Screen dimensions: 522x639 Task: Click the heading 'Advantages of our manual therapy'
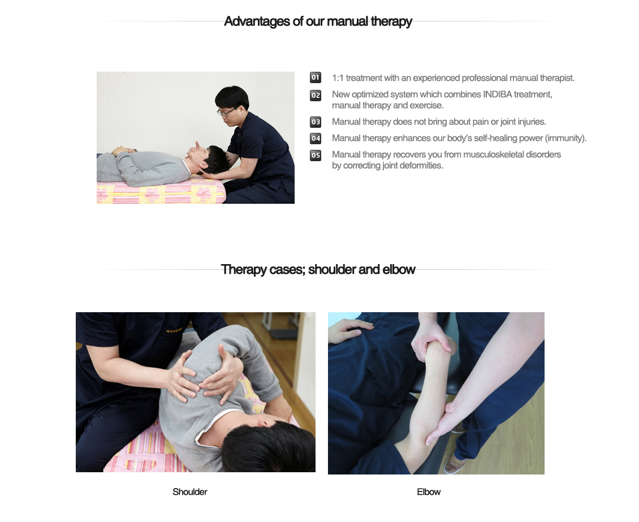tap(318, 22)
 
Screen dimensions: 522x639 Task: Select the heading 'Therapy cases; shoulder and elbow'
tap(318, 270)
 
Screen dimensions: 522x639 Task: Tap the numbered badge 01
tap(316, 77)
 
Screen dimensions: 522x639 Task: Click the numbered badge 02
tap(316, 95)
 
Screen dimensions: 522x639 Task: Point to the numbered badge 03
tap(316, 122)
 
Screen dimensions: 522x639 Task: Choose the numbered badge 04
tap(316, 138)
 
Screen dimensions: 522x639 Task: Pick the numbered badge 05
tap(316, 155)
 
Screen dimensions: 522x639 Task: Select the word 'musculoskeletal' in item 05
tap(493, 154)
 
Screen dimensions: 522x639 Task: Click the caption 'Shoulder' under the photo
tap(190, 492)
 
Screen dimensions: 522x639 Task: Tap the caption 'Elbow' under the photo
tap(429, 492)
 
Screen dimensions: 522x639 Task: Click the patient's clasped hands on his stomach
tap(124, 150)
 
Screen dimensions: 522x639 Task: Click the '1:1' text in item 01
tap(338, 78)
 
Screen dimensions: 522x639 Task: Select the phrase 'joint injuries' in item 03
tap(523, 122)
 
